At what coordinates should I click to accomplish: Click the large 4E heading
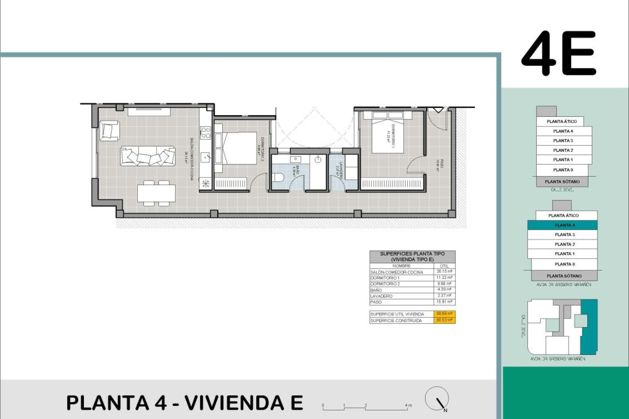click(559, 53)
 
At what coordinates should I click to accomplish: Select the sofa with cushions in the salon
click(147, 156)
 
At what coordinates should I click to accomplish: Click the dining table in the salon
click(156, 193)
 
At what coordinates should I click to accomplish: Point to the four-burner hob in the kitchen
click(206, 133)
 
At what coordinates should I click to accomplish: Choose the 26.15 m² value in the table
click(444, 271)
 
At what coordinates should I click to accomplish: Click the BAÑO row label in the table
click(376, 290)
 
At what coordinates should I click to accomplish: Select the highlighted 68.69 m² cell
click(444, 314)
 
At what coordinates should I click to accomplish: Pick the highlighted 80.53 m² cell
click(444, 320)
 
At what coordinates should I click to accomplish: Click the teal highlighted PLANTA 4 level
click(564, 225)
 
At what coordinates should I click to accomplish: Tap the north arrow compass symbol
click(437, 399)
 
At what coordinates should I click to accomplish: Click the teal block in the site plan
click(589, 327)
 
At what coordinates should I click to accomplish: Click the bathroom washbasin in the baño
click(295, 159)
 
